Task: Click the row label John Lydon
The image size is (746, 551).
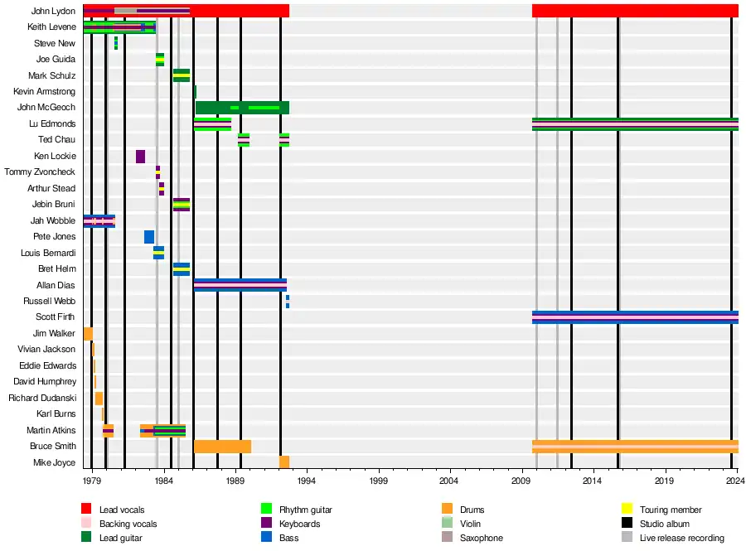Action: click(53, 11)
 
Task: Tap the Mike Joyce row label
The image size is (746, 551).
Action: click(55, 462)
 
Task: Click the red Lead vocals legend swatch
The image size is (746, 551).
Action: click(86, 510)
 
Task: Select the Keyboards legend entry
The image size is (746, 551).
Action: click(299, 524)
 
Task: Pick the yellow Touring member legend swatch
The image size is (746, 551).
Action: click(627, 510)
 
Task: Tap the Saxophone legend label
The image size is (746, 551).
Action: click(481, 538)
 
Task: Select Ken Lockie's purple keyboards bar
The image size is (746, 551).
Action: click(141, 157)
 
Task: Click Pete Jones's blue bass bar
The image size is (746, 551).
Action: click(149, 237)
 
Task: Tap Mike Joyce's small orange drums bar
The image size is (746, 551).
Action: click(284, 462)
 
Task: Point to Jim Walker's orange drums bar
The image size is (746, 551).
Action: click(88, 334)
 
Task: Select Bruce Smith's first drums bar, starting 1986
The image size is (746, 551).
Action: click(222, 447)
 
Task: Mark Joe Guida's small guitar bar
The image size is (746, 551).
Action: click(160, 60)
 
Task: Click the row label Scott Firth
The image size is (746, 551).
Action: click(56, 317)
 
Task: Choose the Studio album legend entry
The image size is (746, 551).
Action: click(665, 524)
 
